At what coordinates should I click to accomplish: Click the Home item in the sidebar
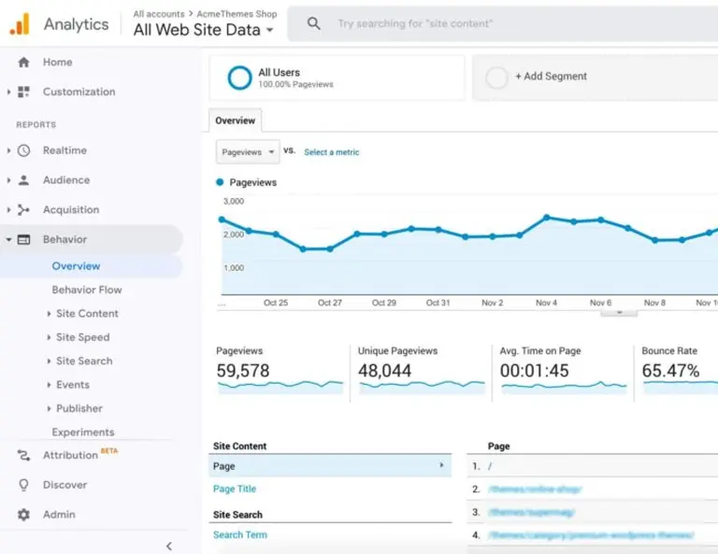pyautogui.click(x=57, y=63)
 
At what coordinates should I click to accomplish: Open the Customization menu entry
pyautogui.click(x=79, y=92)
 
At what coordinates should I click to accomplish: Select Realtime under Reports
pyautogui.click(x=65, y=150)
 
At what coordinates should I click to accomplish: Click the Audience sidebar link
pyautogui.click(x=65, y=180)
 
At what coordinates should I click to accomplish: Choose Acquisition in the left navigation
pyautogui.click(x=70, y=210)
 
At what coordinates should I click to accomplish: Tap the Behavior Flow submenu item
pyautogui.click(x=86, y=290)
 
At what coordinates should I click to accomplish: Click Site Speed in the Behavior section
pyautogui.click(x=82, y=337)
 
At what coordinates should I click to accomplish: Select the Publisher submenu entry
pyautogui.click(x=79, y=408)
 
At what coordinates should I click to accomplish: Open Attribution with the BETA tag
pyautogui.click(x=70, y=456)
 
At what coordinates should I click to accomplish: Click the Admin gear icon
pyautogui.click(x=23, y=515)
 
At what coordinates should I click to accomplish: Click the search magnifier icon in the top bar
pyautogui.click(x=314, y=23)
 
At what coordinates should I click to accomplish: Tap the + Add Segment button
pyautogui.click(x=551, y=77)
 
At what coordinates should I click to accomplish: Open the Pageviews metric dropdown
pyautogui.click(x=248, y=151)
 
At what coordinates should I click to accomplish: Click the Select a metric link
pyautogui.click(x=331, y=152)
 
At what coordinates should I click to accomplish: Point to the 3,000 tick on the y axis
pyautogui.click(x=234, y=201)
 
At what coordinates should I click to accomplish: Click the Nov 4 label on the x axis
pyautogui.click(x=546, y=303)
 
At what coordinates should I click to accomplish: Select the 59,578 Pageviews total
pyautogui.click(x=242, y=371)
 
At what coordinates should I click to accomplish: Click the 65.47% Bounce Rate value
pyautogui.click(x=670, y=371)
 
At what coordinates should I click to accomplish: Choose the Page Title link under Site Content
pyautogui.click(x=234, y=489)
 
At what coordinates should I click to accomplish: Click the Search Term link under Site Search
pyautogui.click(x=239, y=535)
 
